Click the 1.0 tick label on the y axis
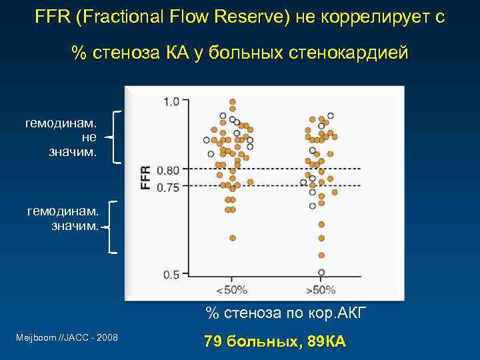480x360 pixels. point(171,101)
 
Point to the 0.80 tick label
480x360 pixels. point(168,171)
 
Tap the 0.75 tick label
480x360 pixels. point(168,187)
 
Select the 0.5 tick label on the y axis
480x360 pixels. point(171,274)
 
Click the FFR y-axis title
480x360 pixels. point(145,177)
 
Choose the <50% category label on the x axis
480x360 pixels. point(231,290)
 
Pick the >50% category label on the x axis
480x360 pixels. point(321,290)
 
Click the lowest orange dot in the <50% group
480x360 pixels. point(233,237)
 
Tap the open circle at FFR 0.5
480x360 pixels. point(321,273)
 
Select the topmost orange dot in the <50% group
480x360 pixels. point(233,102)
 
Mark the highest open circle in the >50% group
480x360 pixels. point(331,116)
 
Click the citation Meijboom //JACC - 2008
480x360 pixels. point(67,338)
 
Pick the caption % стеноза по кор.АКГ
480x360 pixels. point(285,314)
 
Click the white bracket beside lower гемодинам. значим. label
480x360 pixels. point(113,227)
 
